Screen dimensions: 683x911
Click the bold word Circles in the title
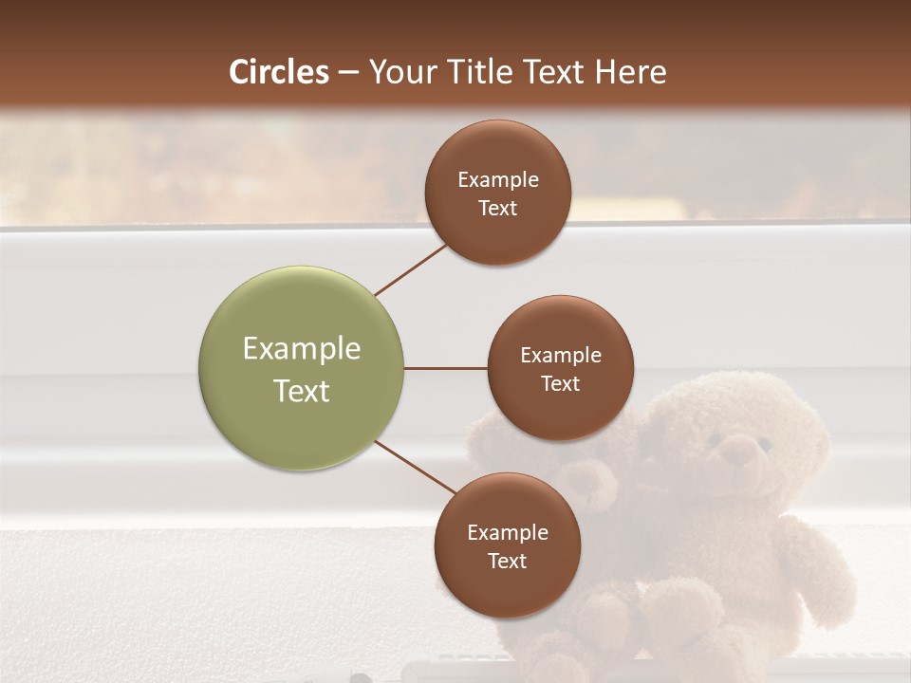click(279, 72)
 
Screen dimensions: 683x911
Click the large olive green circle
click(302, 368)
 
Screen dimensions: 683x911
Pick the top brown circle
click(498, 193)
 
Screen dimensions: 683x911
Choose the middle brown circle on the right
click(560, 368)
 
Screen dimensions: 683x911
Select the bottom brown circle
click(507, 545)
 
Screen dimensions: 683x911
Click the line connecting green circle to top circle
click(411, 269)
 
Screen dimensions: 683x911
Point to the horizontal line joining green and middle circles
click(445, 368)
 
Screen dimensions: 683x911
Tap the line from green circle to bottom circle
click(415, 468)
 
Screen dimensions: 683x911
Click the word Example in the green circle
click(302, 349)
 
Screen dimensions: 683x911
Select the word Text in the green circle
click(302, 391)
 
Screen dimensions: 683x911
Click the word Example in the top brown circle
click(498, 180)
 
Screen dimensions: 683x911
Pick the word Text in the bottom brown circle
click(507, 561)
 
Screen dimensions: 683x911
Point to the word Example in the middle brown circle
click(561, 356)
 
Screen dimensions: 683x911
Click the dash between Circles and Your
click(348, 72)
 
